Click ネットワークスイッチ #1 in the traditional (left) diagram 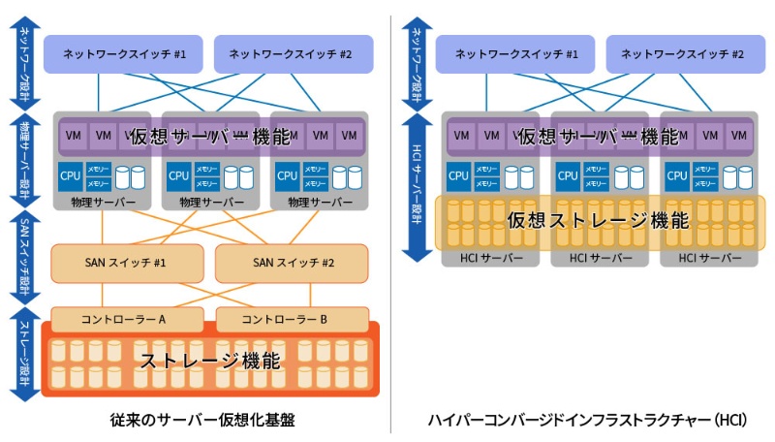(x=123, y=54)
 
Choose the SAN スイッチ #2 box (x=291, y=263)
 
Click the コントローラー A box (x=126, y=319)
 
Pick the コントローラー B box (x=291, y=319)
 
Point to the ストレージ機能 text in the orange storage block (x=210, y=362)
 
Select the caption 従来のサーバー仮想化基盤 (x=202, y=421)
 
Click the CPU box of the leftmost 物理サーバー (x=71, y=176)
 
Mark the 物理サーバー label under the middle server (x=211, y=203)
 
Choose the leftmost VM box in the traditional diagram (x=74, y=136)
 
